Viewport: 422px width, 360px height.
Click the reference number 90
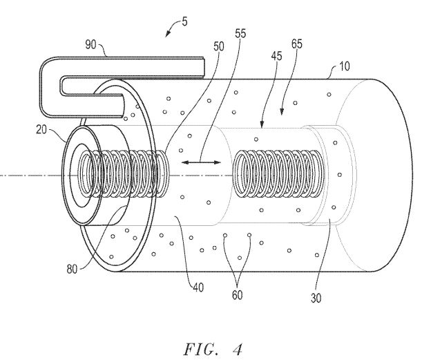click(90, 44)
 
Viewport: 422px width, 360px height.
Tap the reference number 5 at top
click(184, 21)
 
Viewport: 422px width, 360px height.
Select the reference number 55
click(240, 33)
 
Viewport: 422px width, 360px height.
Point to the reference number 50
click(218, 46)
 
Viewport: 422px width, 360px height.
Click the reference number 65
click(297, 44)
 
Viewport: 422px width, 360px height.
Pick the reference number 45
click(276, 56)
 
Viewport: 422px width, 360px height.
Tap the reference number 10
click(344, 66)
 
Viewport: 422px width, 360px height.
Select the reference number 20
click(41, 130)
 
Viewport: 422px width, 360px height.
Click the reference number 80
click(72, 269)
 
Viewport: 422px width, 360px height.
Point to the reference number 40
click(198, 287)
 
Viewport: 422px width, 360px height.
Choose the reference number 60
click(237, 295)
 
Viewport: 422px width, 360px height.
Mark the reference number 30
click(316, 298)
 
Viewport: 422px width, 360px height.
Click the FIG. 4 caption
click(213, 349)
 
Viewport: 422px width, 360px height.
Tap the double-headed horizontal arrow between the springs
click(201, 162)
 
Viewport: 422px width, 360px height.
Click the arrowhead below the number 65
click(282, 111)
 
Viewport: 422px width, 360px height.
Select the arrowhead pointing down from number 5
click(168, 33)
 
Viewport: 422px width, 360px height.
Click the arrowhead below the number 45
click(261, 124)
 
